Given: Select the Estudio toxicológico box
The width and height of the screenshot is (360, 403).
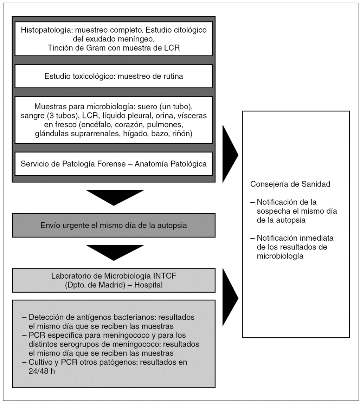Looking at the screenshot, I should pos(114,76).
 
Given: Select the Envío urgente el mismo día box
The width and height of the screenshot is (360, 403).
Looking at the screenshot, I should pos(114,225).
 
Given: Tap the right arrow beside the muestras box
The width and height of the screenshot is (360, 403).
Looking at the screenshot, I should pos(230,155).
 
